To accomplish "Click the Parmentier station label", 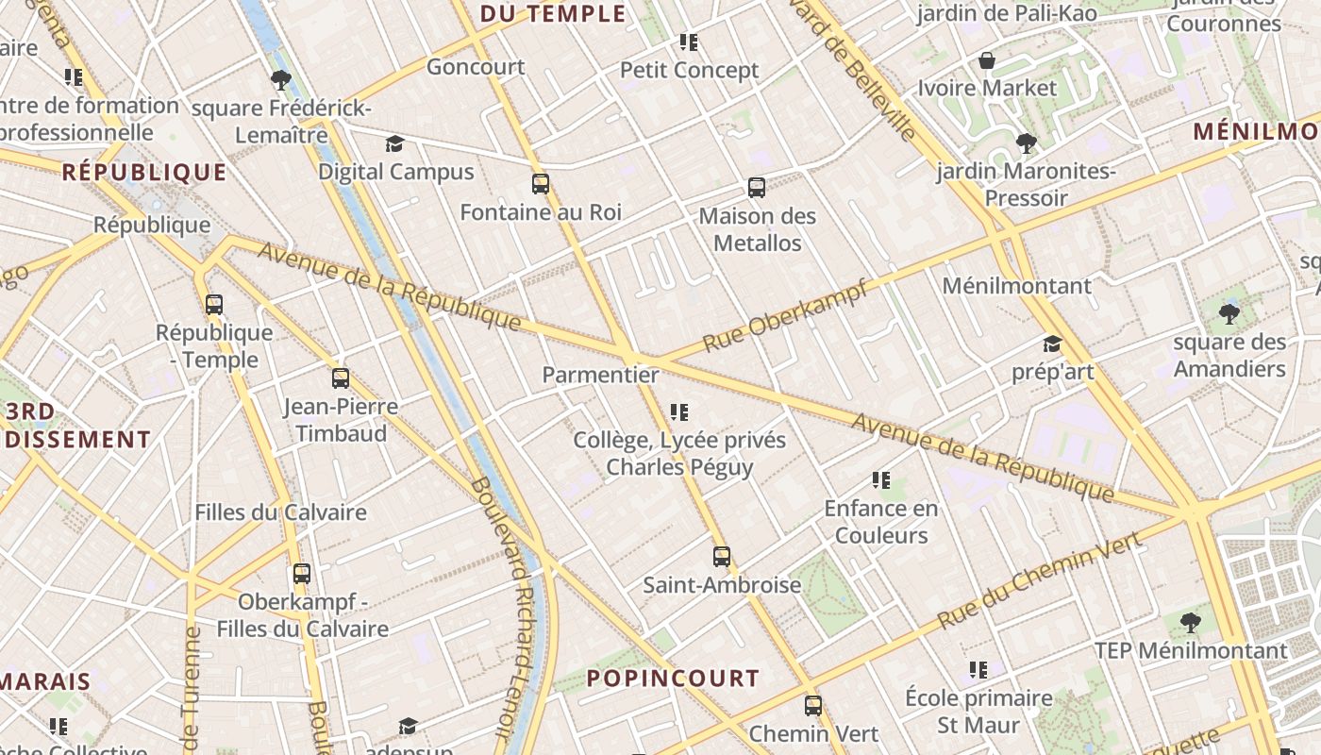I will tap(600, 375).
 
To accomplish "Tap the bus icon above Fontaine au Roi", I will tap(541, 184).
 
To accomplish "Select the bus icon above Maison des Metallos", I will tap(757, 188).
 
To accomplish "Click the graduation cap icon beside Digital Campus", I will tap(394, 144).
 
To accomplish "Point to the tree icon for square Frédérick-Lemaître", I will tap(280, 80).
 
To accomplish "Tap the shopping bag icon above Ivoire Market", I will tap(987, 61).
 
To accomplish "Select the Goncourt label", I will tap(476, 67).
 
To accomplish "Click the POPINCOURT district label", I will tap(673, 679).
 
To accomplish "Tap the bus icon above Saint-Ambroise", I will tap(722, 557).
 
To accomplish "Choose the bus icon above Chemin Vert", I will tap(813, 706).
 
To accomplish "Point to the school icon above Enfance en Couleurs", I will tap(881, 480).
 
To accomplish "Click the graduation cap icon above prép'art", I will tap(1052, 344).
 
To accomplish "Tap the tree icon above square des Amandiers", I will tap(1229, 313).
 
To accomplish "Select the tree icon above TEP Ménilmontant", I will tap(1192, 623).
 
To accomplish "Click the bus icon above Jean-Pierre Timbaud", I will tap(341, 378).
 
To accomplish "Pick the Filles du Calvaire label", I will tap(280, 512).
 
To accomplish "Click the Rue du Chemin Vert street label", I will tap(1040, 580).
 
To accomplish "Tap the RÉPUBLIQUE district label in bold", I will tap(144, 173).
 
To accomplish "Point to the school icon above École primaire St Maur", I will tap(978, 670).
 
